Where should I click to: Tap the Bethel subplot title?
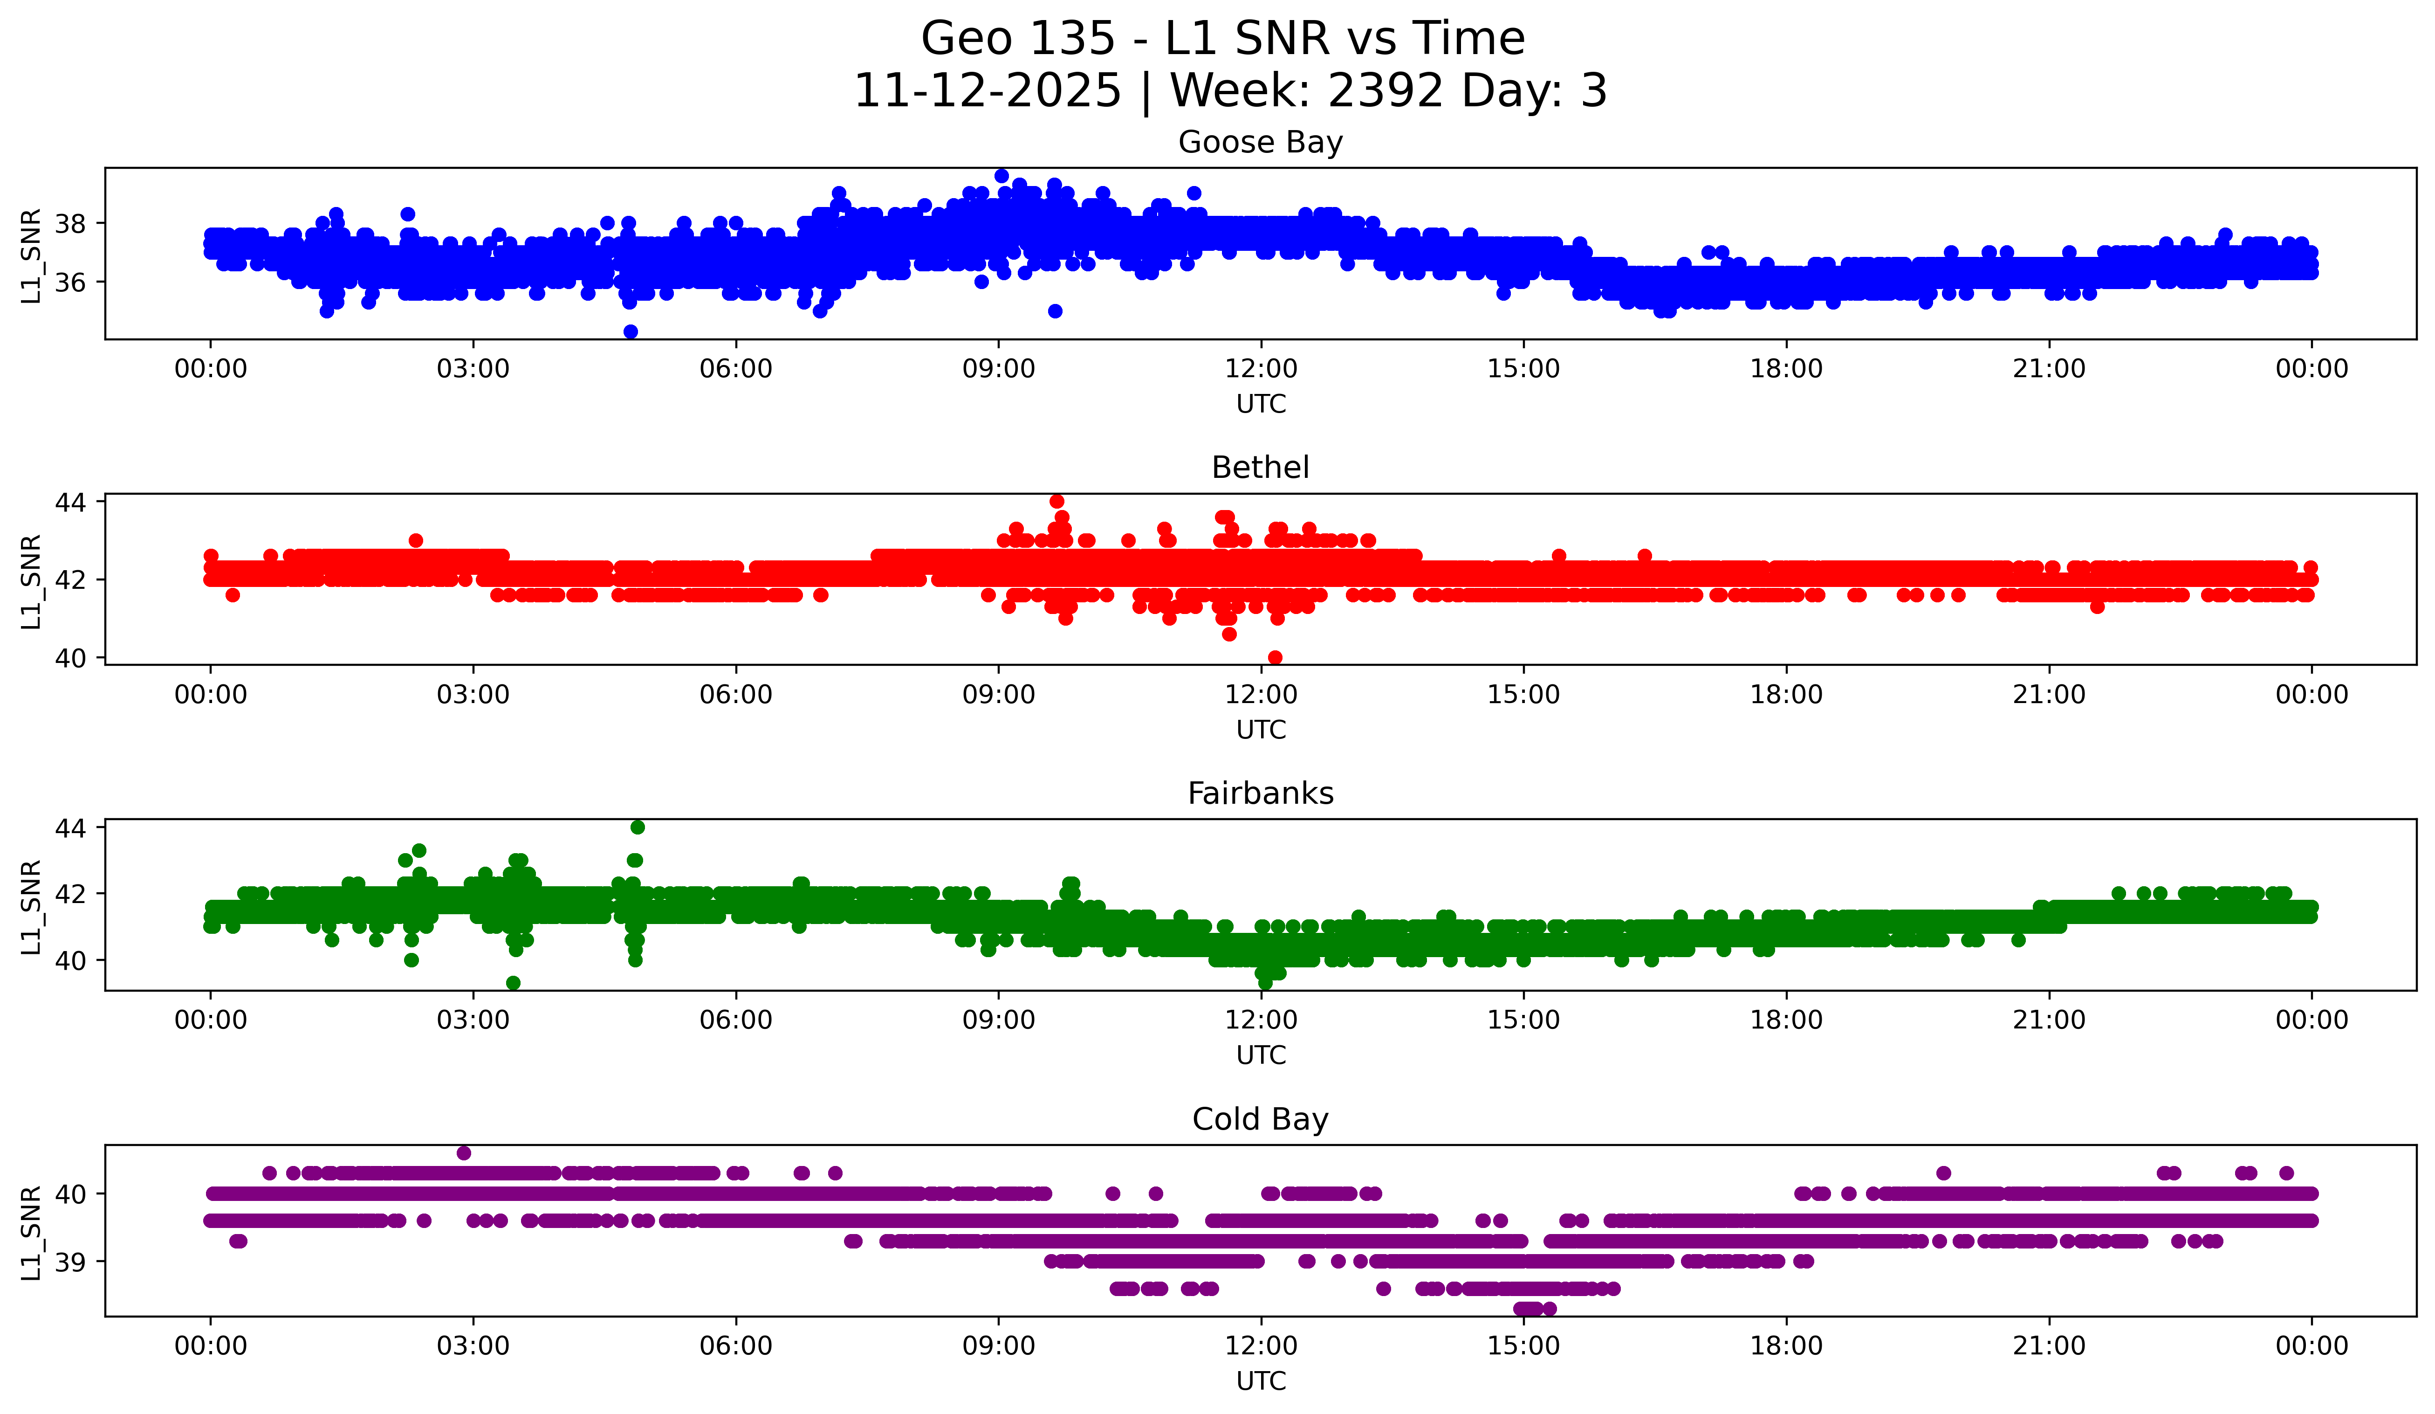(1260, 468)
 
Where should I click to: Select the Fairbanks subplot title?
(1260, 793)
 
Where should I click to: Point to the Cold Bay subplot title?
(1260, 1119)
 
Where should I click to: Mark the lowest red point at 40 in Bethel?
(1275, 657)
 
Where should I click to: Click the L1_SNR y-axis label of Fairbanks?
(31, 907)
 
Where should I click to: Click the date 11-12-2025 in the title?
(988, 91)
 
